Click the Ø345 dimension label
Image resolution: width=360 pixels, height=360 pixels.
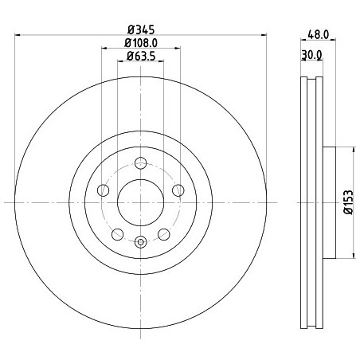141,29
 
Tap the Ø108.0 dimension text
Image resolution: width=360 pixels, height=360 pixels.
141,43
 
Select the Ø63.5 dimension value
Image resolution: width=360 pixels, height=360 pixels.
141,56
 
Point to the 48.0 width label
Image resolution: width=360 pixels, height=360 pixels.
319,34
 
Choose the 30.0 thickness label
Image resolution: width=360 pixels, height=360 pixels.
311,55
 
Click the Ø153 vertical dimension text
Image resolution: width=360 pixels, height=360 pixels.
349,202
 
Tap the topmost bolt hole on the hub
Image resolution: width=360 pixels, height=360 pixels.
140,163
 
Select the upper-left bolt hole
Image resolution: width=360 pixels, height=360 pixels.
104,190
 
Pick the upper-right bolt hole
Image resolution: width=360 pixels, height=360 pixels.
178,190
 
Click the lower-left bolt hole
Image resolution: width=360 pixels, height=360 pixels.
118,234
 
